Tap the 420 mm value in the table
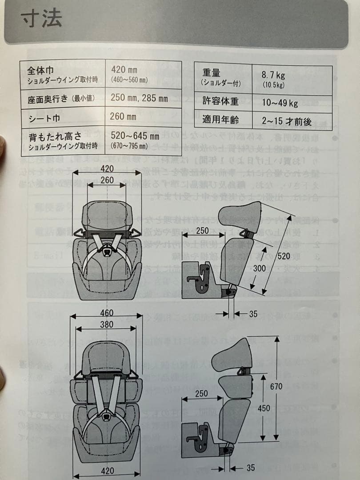coord(124,70)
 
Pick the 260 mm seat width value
coord(123,117)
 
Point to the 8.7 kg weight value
coord(274,75)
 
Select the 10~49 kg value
coord(280,103)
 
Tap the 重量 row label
coord(212,73)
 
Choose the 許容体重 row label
coord(220,102)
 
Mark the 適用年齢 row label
coord(220,120)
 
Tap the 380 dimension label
coord(106,325)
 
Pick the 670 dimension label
coord(276,386)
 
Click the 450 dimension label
coord(264,408)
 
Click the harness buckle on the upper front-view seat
coord(107,252)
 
